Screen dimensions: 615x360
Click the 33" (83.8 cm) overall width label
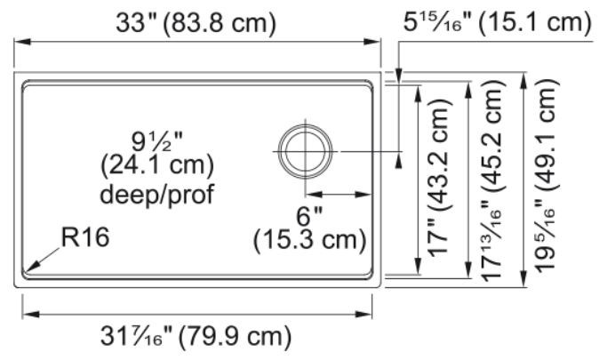click(196, 23)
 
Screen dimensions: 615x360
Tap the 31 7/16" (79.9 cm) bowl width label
click(196, 337)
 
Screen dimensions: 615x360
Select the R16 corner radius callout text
click(85, 237)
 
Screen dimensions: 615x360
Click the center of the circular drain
click(305, 151)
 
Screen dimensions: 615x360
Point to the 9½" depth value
click(157, 141)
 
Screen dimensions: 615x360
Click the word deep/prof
click(157, 195)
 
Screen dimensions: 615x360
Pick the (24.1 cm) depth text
click(157, 165)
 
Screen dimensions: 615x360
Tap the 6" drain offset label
click(309, 216)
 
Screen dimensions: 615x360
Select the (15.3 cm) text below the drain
click(309, 239)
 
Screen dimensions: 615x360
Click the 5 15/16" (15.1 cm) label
click(498, 22)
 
